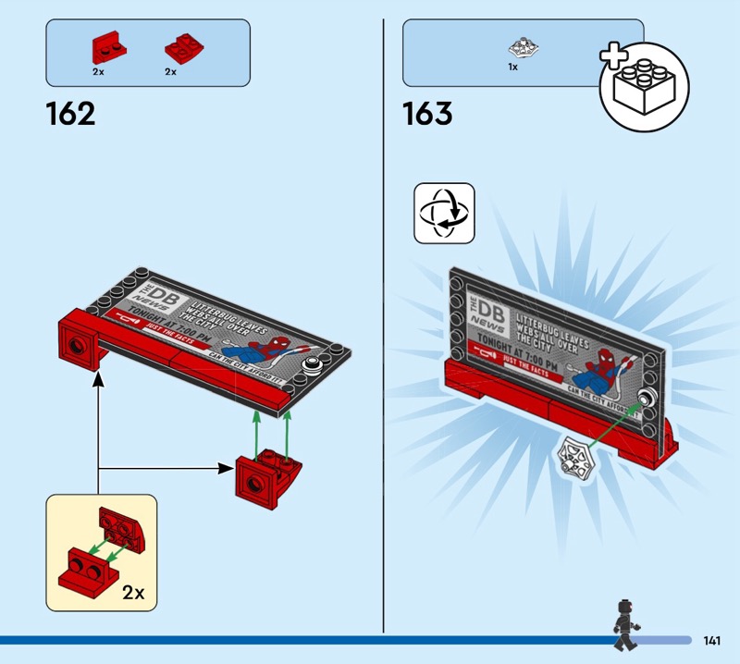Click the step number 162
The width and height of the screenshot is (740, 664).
tap(70, 114)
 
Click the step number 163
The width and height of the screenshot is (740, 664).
tap(427, 114)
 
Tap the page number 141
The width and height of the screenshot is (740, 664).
tap(712, 641)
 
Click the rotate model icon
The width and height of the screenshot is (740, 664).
tap(444, 213)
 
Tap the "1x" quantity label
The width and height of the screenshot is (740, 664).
tap(512, 68)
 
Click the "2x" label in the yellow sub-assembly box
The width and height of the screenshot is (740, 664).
tap(134, 592)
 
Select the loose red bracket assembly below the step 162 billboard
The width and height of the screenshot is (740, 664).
tap(263, 475)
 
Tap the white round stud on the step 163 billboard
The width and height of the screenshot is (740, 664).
tap(648, 399)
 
